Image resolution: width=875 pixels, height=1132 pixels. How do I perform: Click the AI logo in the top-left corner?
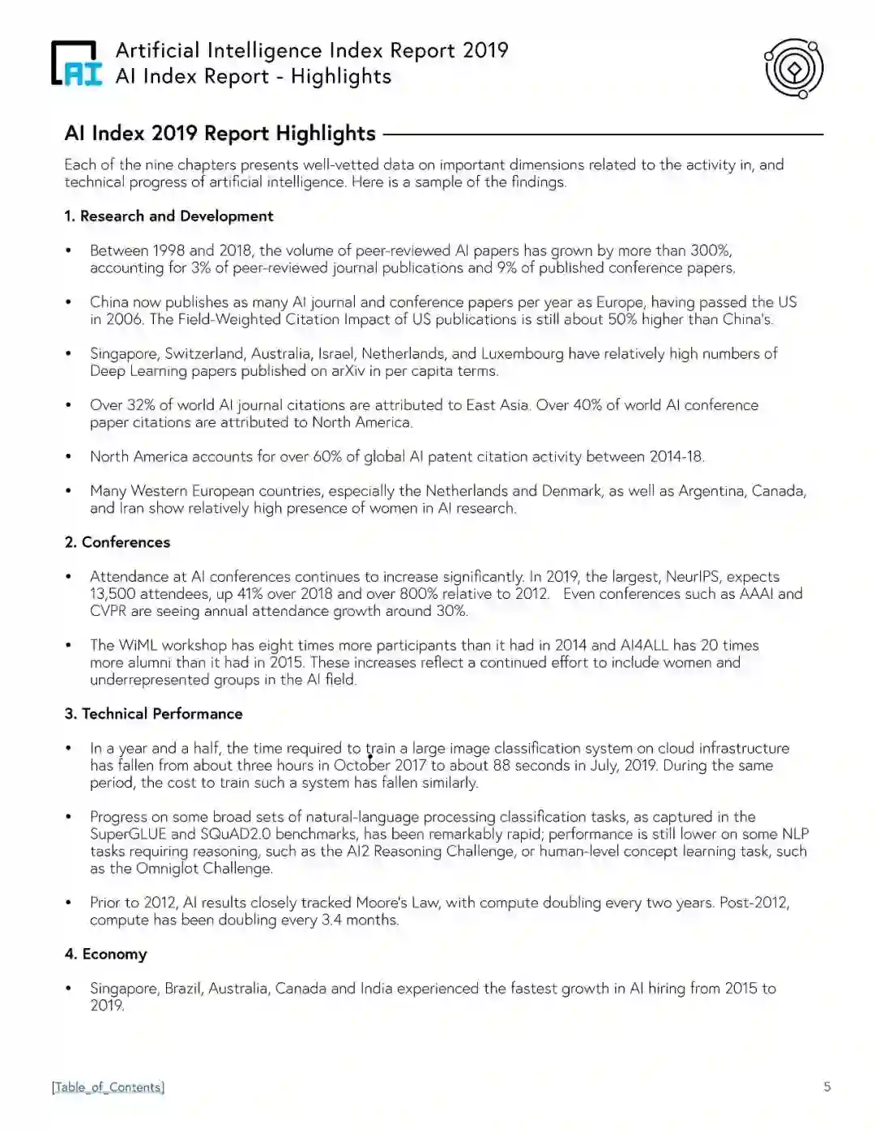click(x=77, y=63)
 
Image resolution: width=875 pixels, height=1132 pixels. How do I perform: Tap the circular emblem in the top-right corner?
click(x=793, y=69)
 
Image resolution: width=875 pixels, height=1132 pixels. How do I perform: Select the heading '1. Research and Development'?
click(x=169, y=216)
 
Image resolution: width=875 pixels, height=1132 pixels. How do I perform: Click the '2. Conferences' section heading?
click(x=117, y=542)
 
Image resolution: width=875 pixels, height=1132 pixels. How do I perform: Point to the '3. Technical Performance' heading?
click(x=153, y=714)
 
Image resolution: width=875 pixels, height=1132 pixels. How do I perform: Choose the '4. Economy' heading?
click(x=105, y=954)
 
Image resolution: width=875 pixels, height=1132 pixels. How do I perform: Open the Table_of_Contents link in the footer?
click(x=108, y=1087)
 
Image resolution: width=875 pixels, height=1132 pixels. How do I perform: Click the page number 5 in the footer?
click(x=826, y=1087)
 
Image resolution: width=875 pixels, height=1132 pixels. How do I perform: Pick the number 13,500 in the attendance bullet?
click(x=112, y=594)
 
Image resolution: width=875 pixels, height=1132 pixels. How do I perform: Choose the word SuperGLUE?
click(x=127, y=835)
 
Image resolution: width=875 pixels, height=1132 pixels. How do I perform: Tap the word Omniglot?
click(x=167, y=869)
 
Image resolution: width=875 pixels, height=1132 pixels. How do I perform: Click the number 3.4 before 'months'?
click(x=331, y=921)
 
